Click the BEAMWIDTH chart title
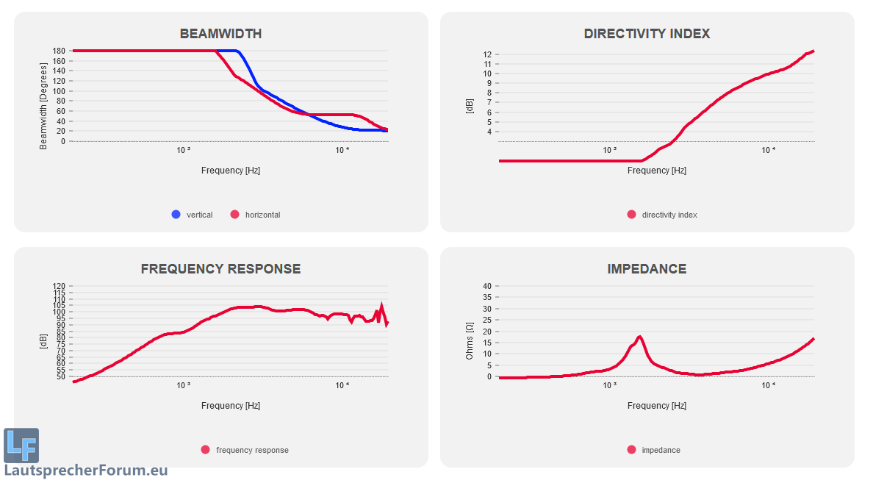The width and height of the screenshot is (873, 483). click(x=220, y=34)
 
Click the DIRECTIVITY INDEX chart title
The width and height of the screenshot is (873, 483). click(x=647, y=34)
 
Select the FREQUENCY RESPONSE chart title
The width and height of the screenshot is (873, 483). click(x=220, y=269)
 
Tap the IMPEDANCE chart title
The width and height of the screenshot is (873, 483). click(x=647, y=269)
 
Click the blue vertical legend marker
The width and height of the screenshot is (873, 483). click(x=176, y=215)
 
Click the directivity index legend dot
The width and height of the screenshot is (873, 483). click(x=631, y=215)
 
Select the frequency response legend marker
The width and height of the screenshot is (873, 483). click(x=205, y=450)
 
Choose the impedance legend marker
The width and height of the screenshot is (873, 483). click(x=631, y=450)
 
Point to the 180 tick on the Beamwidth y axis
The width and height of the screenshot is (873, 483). click(x=58, y=51)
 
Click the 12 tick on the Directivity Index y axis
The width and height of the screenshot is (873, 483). click(x=486, y=54)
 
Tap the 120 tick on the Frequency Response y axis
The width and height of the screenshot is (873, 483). click(x=58, y=286)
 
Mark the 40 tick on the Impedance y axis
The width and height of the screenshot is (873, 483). click(x=486, y=286)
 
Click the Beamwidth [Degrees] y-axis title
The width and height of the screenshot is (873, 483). click(x=43, y=96)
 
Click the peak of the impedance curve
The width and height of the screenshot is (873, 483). click(x=640, y=337)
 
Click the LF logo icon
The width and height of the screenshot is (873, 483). click(x=21, y=445)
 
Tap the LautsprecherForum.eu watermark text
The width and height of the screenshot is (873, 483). click(x=86, y=471)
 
